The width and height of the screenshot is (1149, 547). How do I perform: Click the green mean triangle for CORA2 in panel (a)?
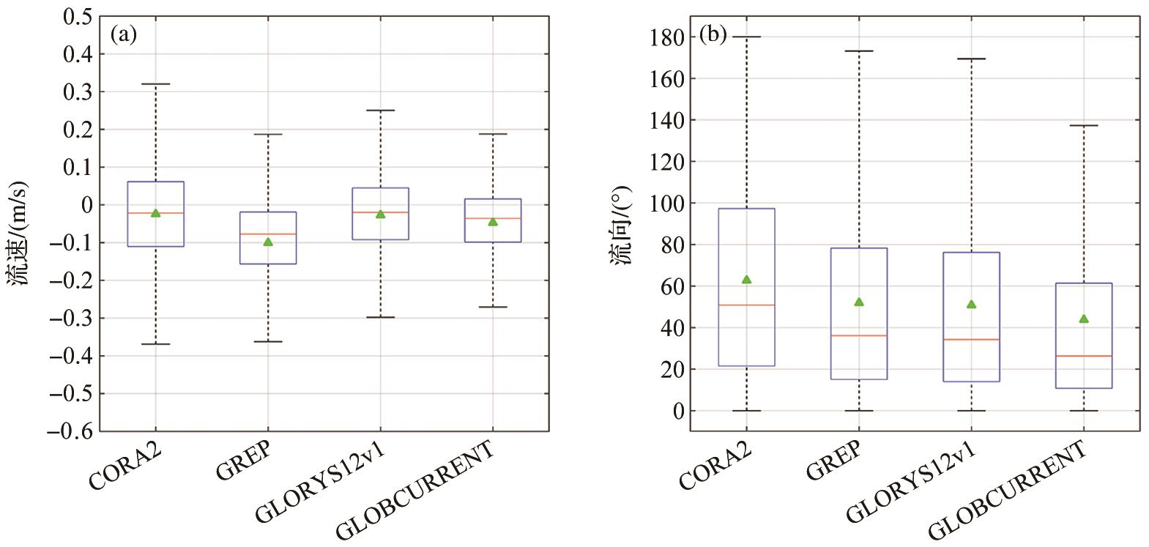point(155,213)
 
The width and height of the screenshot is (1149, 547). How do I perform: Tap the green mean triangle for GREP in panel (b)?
point(859,302)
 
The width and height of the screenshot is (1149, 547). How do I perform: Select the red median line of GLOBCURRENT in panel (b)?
point(1083,356)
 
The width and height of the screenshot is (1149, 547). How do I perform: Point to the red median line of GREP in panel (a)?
point(268,234)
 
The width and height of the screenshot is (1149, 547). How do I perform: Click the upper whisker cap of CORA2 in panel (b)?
point(746,37)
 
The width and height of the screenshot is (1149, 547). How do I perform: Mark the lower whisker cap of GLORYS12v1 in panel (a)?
point(380,317)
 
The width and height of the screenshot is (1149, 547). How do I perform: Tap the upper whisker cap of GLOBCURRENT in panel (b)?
point(1083,125)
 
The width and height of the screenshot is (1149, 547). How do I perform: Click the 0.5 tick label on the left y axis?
point(78,16)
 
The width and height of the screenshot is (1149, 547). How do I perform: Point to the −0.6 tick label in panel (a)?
point(70,431)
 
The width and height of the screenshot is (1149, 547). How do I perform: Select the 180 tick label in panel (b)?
point(667,37)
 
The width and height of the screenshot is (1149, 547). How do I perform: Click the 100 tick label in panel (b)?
point(667,203)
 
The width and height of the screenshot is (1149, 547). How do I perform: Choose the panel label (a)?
point(124,35)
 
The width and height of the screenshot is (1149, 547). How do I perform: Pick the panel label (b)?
point(713,35)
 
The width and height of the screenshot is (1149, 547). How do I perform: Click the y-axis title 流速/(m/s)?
point(19,233)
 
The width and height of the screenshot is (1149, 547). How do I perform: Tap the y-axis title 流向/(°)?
point(621,225)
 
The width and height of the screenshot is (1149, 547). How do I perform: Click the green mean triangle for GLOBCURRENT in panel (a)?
point(493,222)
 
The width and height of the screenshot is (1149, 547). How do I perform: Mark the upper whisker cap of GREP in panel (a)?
point(268,135)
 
